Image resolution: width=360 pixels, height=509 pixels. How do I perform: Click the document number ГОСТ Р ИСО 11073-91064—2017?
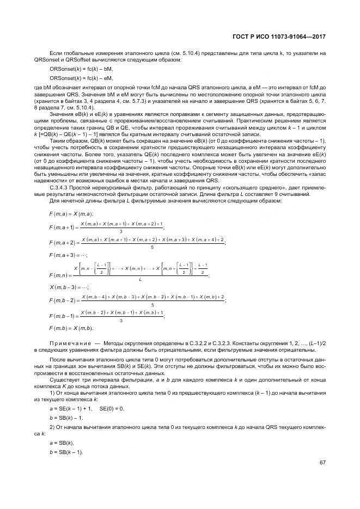pyautogui.click(x=287, y=36)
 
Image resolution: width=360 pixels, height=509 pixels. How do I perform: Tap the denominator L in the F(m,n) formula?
pyautogui.click(x=140, y=279)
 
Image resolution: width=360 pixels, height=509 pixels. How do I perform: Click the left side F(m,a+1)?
pyautogui.click(x=63, y=227)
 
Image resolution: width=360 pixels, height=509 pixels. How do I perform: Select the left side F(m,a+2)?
pyautogui.click(x=63, y=242)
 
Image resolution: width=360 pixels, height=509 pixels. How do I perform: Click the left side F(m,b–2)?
pyautogui.click(x=63, y=301)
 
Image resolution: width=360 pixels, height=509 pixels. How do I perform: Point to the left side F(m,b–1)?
pyautogui.click(x=63, y=316)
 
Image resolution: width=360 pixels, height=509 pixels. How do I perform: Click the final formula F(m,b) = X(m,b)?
pyautogui.click(x=71, y=328)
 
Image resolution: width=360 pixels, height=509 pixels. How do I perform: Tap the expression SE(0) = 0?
pyautogui.click(x=113, y=408)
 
